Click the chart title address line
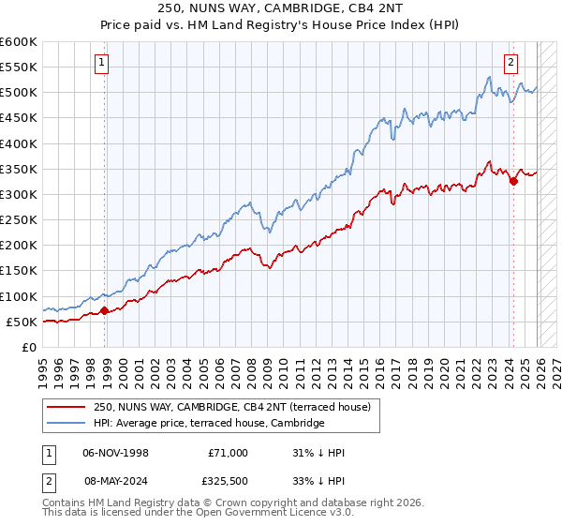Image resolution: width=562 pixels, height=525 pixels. [280, 8]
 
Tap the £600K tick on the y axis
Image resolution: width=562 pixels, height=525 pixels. [18, 42]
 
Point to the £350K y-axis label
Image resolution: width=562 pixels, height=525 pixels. [18, 170]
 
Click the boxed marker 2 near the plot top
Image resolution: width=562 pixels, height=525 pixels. [510, 64]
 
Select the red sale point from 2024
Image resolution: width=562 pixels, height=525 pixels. [513, 181]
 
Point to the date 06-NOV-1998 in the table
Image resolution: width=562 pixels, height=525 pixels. [116, 453]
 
